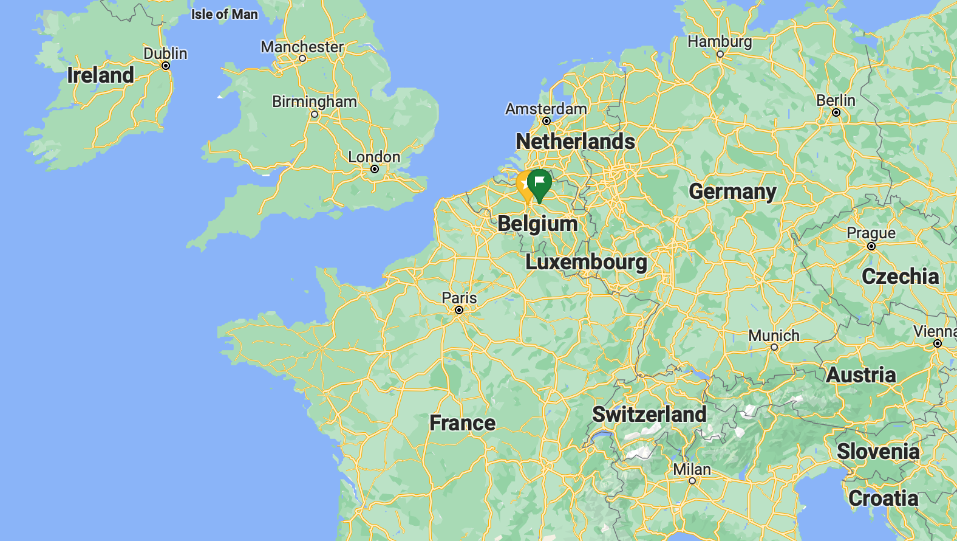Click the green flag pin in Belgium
tap(539, 182)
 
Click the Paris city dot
tap(459, 310)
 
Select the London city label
tap(374, 157)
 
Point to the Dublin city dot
tap(166, 66)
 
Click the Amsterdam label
tap(546, 109)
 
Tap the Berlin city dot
tap(836, 112)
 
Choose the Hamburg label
tap(720, 41)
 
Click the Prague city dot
tap(871, 246)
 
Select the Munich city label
tap(774, 336)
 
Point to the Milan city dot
tap(692, 481)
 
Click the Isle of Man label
tap(225, 14)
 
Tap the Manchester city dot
tap(302, 58)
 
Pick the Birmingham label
tap(315, 102)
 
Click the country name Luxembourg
tap(586, 262)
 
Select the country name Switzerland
tap(649, 414)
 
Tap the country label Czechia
tap(900, 277)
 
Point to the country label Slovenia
tap(878, 452)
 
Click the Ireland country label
tap(100, 75)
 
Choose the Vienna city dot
tap(938, 343)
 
